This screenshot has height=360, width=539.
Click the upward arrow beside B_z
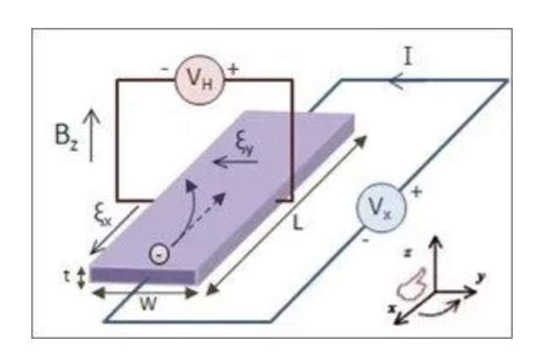[94, 130]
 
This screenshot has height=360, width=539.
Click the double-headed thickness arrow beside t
[82, 276]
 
